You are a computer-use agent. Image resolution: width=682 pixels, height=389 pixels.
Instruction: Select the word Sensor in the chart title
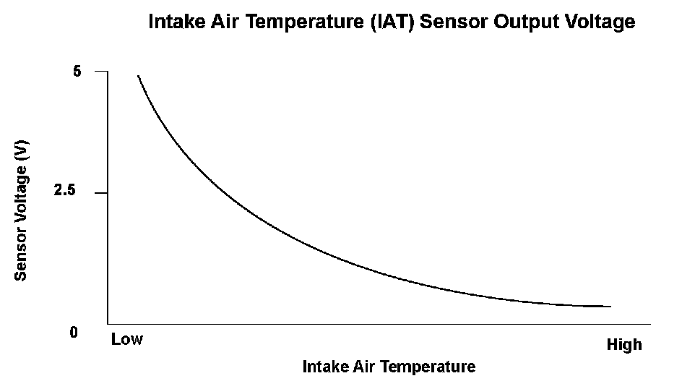coord(447,22)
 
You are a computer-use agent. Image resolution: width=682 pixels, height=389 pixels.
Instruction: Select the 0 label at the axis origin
coord(73,332)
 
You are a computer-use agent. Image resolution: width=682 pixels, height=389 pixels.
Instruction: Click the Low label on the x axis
coord(127,339)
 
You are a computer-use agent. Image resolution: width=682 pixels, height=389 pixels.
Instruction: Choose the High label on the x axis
coord(623,344)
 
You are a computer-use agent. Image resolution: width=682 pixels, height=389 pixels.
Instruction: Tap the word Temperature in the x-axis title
coord(428,367)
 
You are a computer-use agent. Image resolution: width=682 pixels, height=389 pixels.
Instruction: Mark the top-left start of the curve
coord(138,75)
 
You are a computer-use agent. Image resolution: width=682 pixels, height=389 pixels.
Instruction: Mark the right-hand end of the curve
coord(610,307)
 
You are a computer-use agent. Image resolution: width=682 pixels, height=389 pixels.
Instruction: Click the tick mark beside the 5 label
coord(100,71)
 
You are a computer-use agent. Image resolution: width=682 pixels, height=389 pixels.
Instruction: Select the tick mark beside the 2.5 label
coord(100,193)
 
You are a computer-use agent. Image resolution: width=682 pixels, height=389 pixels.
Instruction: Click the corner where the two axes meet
coord(108,324)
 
